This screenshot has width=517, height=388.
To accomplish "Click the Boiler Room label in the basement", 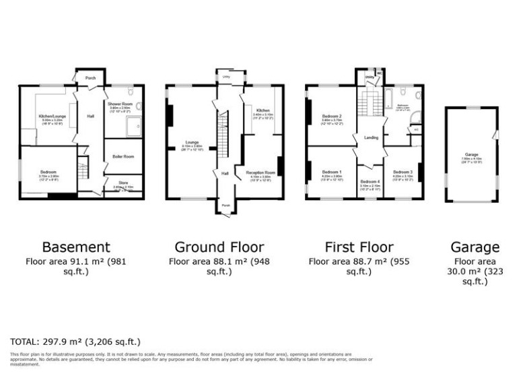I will click(x=123, y=156).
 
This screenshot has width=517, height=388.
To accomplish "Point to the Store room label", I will click(x=123, y=182).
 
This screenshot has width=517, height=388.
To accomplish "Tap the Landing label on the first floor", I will click(x=371, y=138).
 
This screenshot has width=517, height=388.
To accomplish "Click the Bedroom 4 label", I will click(x=370, y=182).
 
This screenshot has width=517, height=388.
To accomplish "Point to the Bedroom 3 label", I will click(x=403, y=172).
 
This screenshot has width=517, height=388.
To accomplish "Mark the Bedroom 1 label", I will click(x=332, y=172).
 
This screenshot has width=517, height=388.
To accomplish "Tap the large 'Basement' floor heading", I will click(x=76, y=247).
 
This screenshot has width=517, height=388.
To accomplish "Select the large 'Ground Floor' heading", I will click(x=219, y=247).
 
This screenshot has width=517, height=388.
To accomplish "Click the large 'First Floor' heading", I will click(x=359, y=247).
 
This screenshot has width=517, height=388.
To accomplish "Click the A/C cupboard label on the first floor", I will click(x=415, y=129).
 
